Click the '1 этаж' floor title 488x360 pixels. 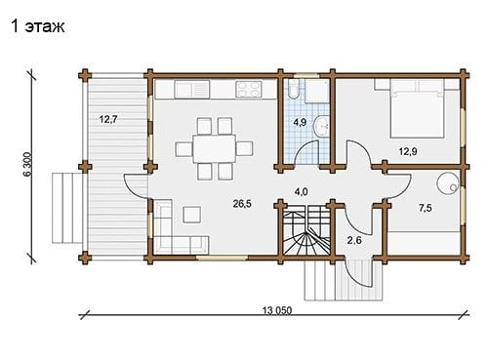coord(38,26)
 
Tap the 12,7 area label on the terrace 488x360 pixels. coord(108,119)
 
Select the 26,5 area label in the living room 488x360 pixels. coord(242,204)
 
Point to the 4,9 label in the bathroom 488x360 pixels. coord(300,122)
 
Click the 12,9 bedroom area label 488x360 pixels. coord(408,151)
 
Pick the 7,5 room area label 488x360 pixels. coord(426,208)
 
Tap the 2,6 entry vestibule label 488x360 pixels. coord(354,240)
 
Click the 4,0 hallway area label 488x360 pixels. coord(301,192)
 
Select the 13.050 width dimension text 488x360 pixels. coord(277,310)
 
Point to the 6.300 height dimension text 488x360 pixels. coord(27,164)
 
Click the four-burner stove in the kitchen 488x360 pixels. coord(249,89)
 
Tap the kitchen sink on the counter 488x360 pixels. coord(192,89)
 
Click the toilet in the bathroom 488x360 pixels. coord(293,89)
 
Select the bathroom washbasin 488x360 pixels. coord(322,126)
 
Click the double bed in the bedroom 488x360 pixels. coord(418,108)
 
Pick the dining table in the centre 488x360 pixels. coord(215,148)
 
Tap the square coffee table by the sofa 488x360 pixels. coord(191,215)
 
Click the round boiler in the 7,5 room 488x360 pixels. coord(447,183)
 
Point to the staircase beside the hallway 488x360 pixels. coord(306,231)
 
